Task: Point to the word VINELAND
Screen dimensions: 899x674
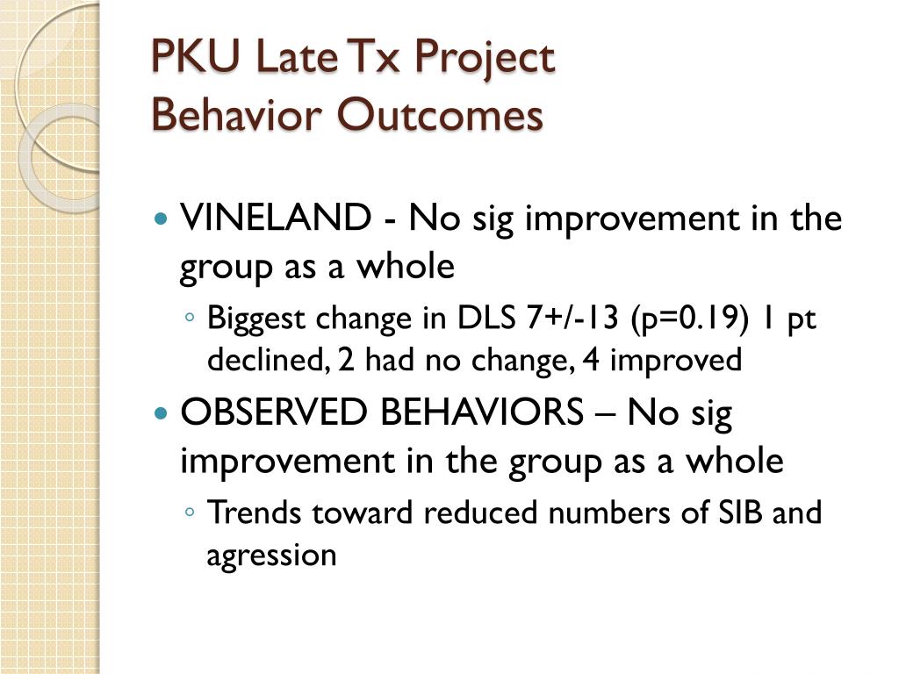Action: [x=276, y=218]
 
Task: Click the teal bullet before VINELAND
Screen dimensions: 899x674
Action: [x=162, y=219]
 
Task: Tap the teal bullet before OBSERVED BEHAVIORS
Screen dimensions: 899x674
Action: [x=162, y=412]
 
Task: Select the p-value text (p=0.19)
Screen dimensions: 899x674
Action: [x=689, y=318]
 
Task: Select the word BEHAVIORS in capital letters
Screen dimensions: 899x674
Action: [x=482, y=412]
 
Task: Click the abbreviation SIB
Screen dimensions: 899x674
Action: [x=740, y=512]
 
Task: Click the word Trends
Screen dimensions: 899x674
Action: [x=254, y=512]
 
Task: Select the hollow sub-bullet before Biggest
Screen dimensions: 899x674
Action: [x=191, y=317]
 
